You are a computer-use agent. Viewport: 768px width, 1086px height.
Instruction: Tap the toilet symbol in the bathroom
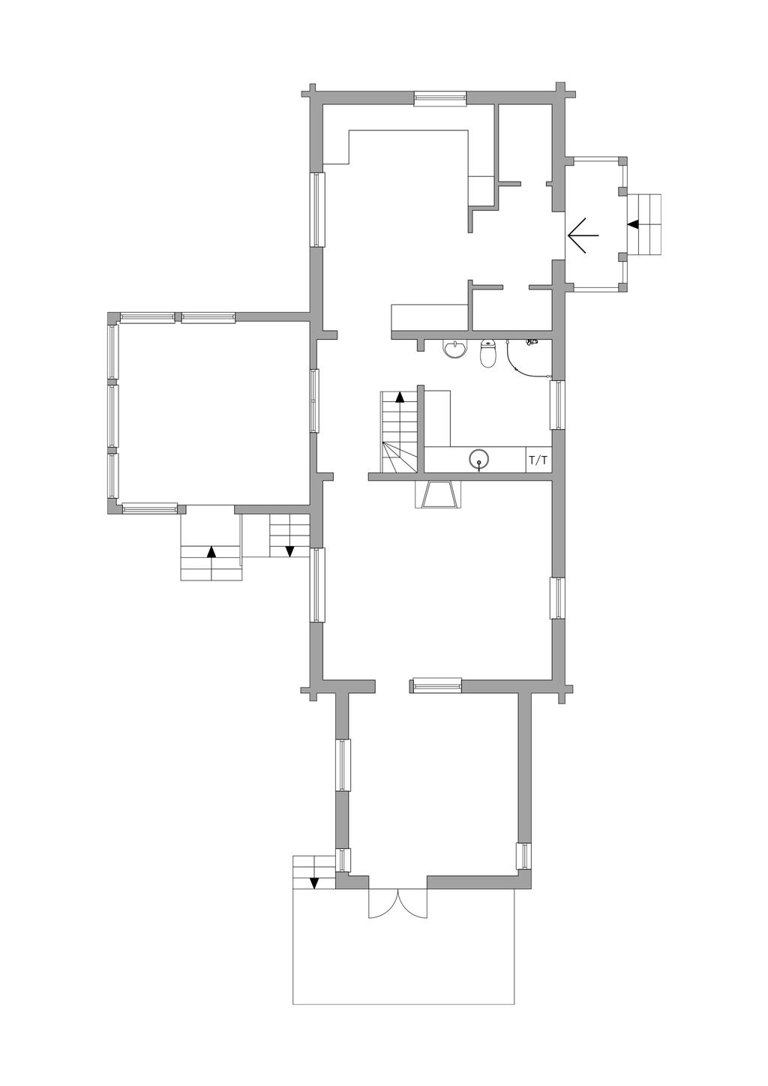point(487,353)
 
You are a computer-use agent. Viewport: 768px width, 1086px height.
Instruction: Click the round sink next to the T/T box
point(478,459)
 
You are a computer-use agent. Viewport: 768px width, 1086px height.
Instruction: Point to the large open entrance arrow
point(583,235)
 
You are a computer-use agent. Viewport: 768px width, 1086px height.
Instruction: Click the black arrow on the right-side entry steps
point(633,224)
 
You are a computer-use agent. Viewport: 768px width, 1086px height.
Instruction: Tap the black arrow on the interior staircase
point(400,397)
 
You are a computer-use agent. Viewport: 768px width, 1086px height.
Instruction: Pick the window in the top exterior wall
point(439,99)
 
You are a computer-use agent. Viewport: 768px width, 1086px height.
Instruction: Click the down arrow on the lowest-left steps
point(314,883)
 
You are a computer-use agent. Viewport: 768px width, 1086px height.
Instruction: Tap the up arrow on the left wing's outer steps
point(211,552)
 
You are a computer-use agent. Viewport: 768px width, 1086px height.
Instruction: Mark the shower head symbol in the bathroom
point(532,342)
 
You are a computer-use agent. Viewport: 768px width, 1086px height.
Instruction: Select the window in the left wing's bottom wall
point(149,508)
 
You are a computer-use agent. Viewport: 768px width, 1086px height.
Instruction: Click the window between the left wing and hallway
point(315,400)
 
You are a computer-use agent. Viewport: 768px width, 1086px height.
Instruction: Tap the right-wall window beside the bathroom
point(557,405)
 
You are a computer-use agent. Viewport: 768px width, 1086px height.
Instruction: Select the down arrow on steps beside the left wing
point(290,551)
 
